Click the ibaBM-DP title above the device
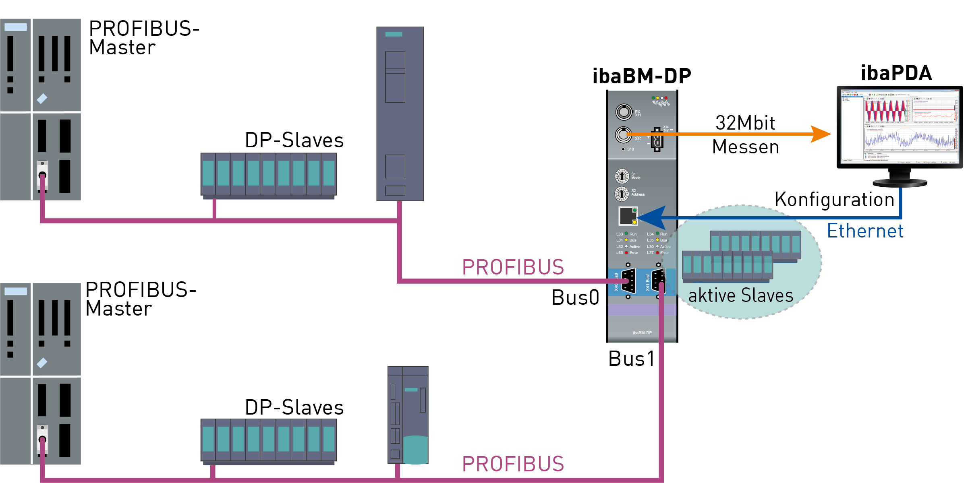[641, 76]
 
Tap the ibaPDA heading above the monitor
[896, 73]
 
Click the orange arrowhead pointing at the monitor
[820, 134]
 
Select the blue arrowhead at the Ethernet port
[653, 218]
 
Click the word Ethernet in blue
[865, 231]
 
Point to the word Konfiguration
[834, 200]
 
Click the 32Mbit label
[745, 123]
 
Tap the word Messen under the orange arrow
[745, 147]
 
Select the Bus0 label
[575, 298]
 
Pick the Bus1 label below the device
[632, 359]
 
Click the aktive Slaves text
[740, 296]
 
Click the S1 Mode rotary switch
[622, 176]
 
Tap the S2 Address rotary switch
[622, 194]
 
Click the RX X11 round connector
[624, 111]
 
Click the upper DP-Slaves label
[294, 140]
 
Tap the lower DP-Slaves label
[294, 407]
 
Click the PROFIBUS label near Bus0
[513, 267]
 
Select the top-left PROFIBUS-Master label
[144, 38]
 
